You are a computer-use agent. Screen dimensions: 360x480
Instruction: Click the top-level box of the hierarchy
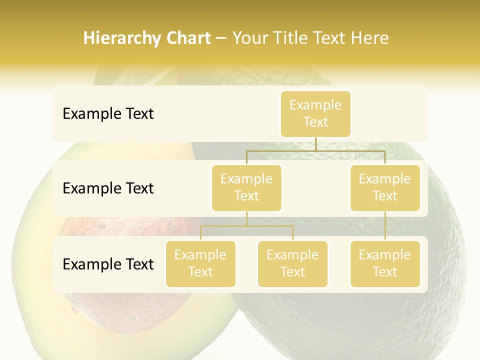[315, 114]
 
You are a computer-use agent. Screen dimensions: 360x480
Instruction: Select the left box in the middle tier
[246, 188]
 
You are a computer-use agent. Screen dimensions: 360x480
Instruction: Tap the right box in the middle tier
[385, 188]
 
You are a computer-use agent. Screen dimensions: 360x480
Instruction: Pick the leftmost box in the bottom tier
[200, 264]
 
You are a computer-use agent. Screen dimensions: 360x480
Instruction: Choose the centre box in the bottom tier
[292, 264]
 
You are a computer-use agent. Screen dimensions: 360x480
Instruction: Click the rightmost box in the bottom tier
[385, 264]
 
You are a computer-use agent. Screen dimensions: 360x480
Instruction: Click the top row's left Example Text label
[108, 114]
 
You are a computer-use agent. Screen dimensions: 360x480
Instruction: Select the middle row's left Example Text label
[108, 188]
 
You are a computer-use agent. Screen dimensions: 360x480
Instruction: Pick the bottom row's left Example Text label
[108, 264]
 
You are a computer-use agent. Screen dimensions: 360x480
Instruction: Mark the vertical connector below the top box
[315, 144]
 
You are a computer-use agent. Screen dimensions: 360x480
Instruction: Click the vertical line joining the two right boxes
[385, 226]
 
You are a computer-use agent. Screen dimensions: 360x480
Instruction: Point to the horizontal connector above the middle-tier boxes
[315, 150]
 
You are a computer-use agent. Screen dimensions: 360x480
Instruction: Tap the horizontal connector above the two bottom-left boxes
[246, 226]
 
